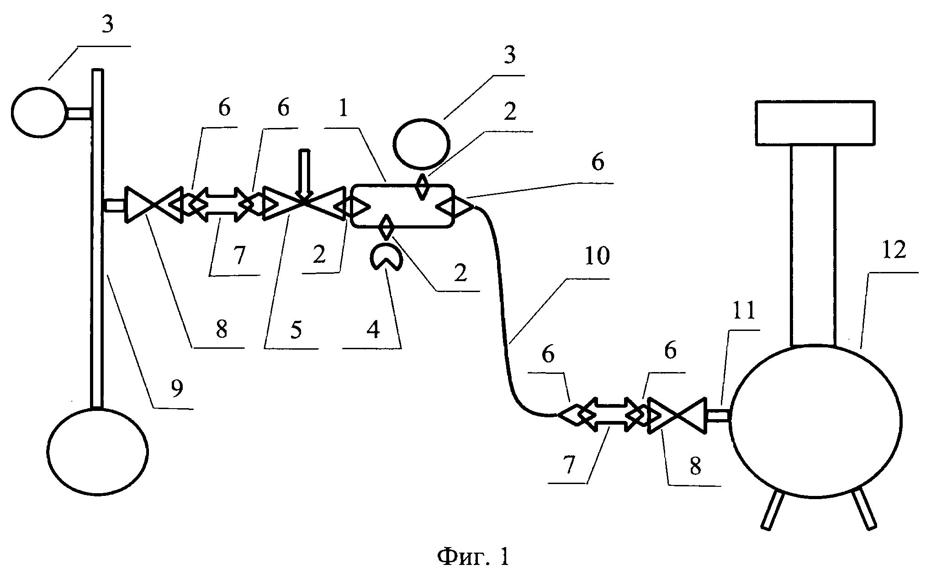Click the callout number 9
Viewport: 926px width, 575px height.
click(x=176, y=389)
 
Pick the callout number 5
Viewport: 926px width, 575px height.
click(x=296, y=329)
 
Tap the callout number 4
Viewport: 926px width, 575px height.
click(x=373, y=329)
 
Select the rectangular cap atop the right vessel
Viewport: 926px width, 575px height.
click(x=815, y=122)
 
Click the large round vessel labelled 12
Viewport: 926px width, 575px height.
click(x=815, y=421)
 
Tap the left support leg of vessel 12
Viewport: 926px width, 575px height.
click(x=773, y=510)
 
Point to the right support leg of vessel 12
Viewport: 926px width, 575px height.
click(x=863, y=508)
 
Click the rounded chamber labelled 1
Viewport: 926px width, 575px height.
click(x=402, y=206)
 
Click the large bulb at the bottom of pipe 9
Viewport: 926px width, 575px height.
click(x=98, y=451)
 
